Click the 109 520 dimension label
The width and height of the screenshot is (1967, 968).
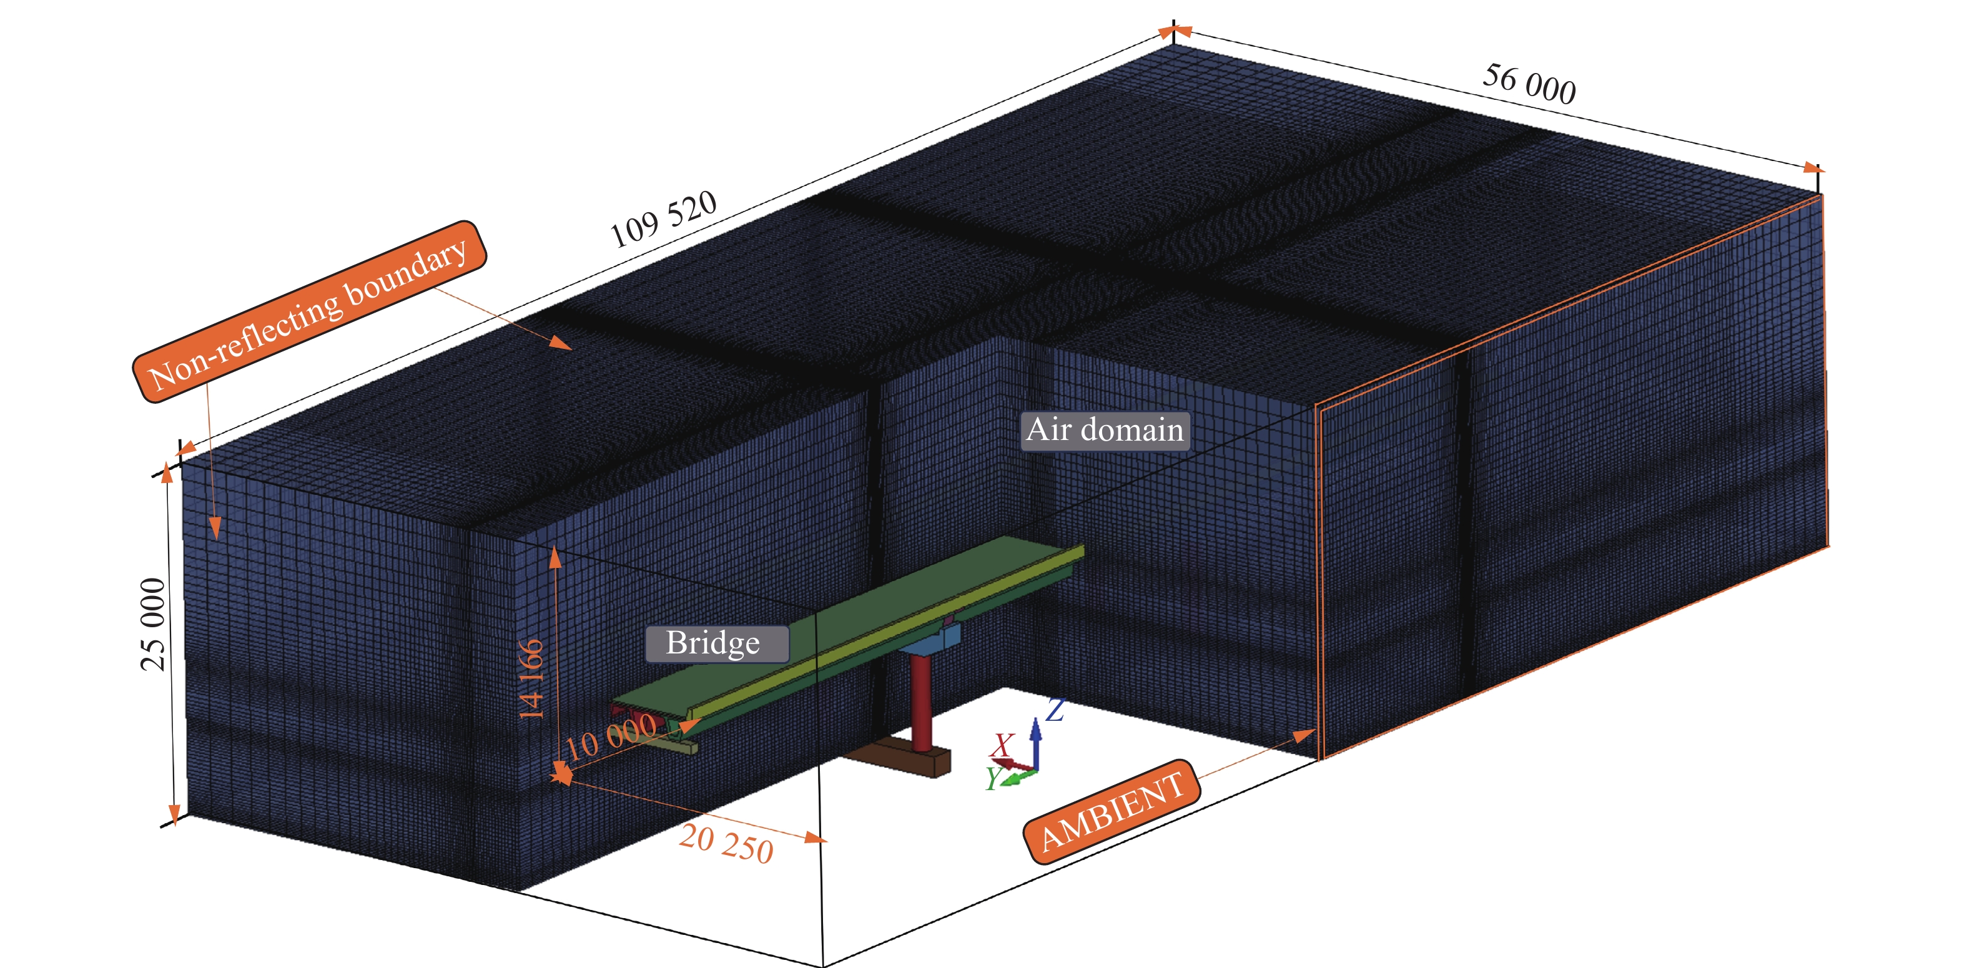(x=663, y=219)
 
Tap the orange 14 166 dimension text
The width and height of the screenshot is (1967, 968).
(x=531, y=678)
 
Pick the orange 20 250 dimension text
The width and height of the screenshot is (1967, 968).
(x=726, y=844)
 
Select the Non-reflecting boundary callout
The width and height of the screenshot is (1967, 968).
(x=309, y=311)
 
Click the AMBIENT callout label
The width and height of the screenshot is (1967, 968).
(x=1111, y=811)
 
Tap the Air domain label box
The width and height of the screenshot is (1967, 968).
(x=1105, y=430)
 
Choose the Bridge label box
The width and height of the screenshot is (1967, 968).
(x=716, y=643)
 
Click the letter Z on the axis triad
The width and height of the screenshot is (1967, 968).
(x=1055, y=710)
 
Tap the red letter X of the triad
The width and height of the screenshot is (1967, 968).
(x=1002, y=743)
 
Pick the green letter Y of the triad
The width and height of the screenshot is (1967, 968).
(x=993, y=778)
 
